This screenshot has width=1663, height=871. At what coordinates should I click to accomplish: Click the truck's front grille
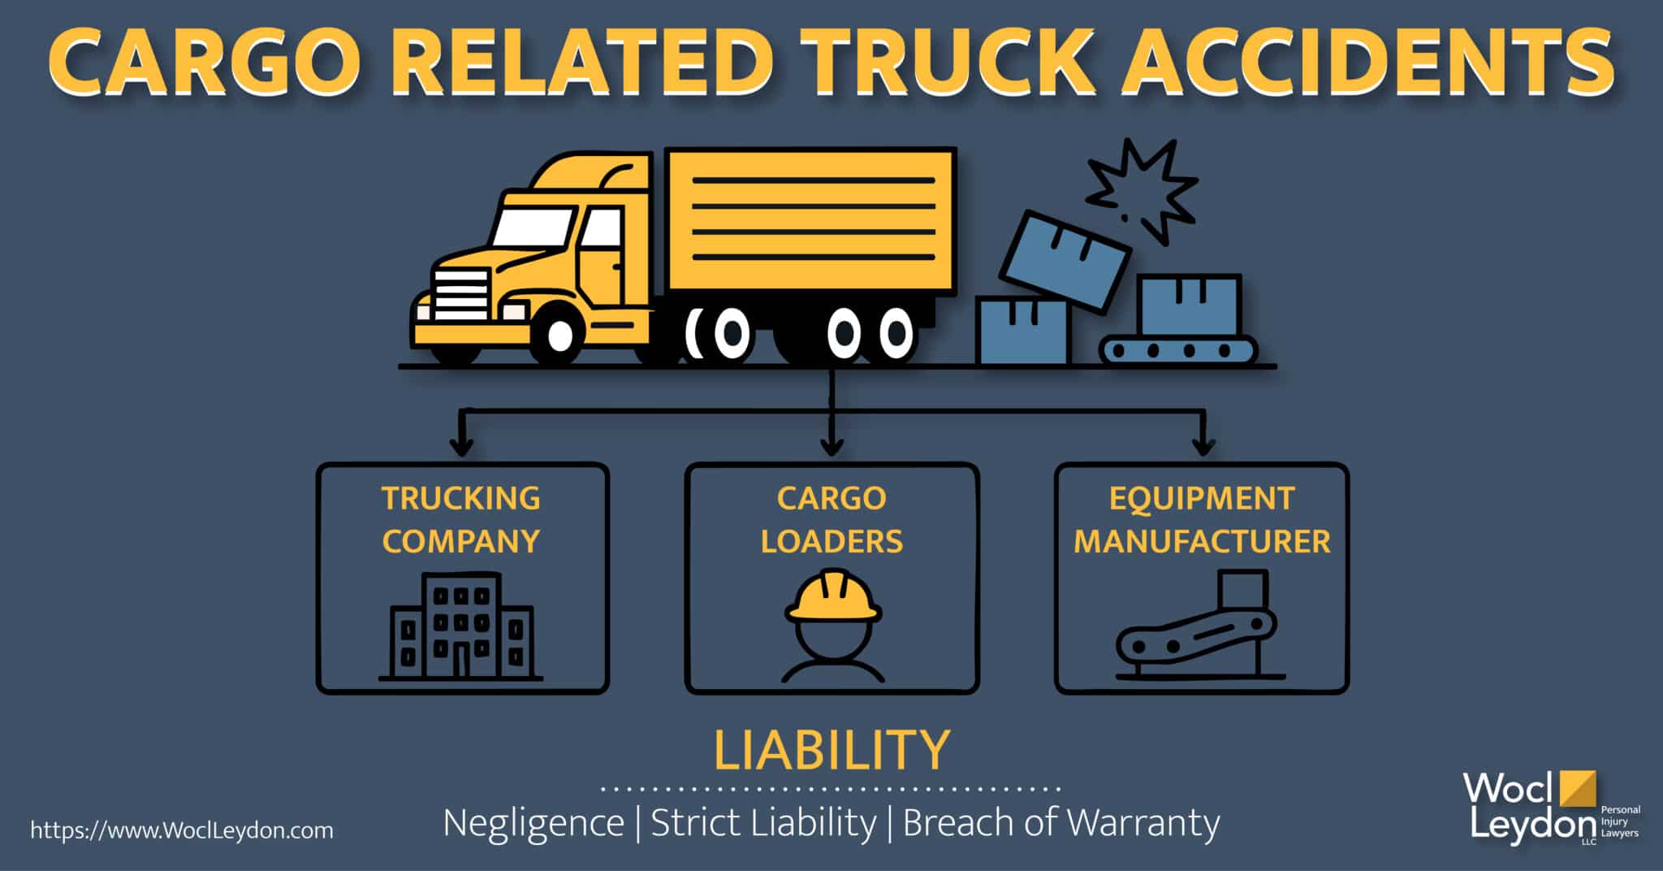click(460, 295)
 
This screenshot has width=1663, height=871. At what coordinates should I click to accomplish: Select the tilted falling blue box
click(1064, 260)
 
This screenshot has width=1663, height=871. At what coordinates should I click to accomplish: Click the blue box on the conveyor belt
click(1189, 305)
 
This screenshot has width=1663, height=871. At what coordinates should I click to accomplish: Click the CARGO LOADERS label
click(831, 520)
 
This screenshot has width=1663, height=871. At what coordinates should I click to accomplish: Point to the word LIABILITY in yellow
click(831, 750)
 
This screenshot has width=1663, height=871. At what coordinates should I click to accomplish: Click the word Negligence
click(533, 822)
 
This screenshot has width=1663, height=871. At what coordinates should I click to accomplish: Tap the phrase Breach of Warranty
click(1060, 822)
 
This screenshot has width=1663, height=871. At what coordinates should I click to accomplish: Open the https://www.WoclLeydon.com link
click(182, 830)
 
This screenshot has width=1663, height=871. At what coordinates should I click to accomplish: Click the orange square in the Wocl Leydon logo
click(1577, 788)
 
